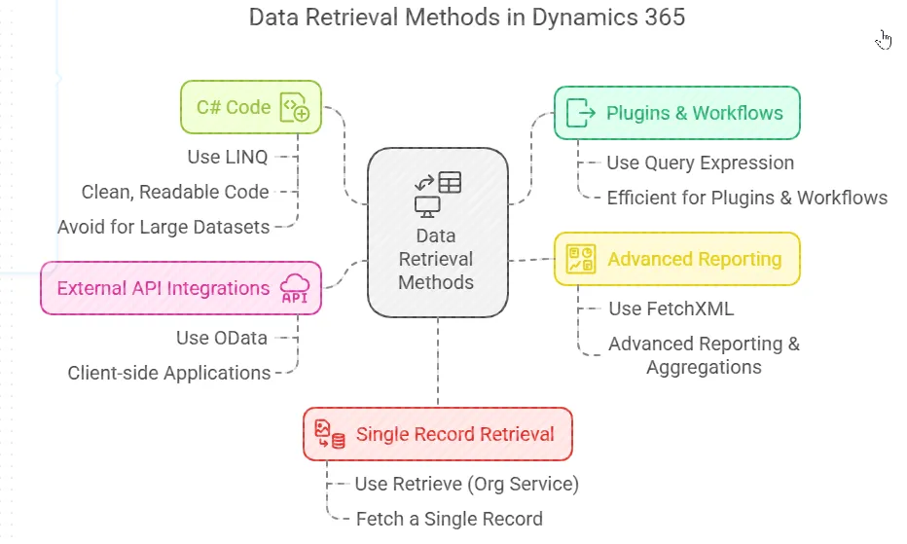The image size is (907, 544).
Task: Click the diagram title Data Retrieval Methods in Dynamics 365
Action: coord(466,18)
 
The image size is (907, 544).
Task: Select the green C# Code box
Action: coord(234,107)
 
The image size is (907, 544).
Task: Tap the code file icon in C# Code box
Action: coord(294,107)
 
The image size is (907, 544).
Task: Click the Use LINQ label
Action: coord(227,157)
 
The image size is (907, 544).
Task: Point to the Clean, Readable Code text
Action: coord(175,192)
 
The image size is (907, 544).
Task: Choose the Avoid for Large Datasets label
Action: coord(163,227)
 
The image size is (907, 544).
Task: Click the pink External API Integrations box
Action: coord(163,288)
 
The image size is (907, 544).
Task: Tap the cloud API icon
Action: coord(295,288)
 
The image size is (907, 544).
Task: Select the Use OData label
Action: coord(221,338)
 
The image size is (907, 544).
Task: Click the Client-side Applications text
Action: coord(169,373)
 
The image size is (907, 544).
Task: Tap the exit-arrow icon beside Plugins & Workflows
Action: coord(580,113)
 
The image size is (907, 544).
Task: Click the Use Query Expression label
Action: coord(700,163)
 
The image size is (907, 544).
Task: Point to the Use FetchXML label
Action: coord(671,308)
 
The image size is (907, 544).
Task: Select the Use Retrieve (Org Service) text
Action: coord(467,484)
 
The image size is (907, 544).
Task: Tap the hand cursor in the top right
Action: coord(884,40)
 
